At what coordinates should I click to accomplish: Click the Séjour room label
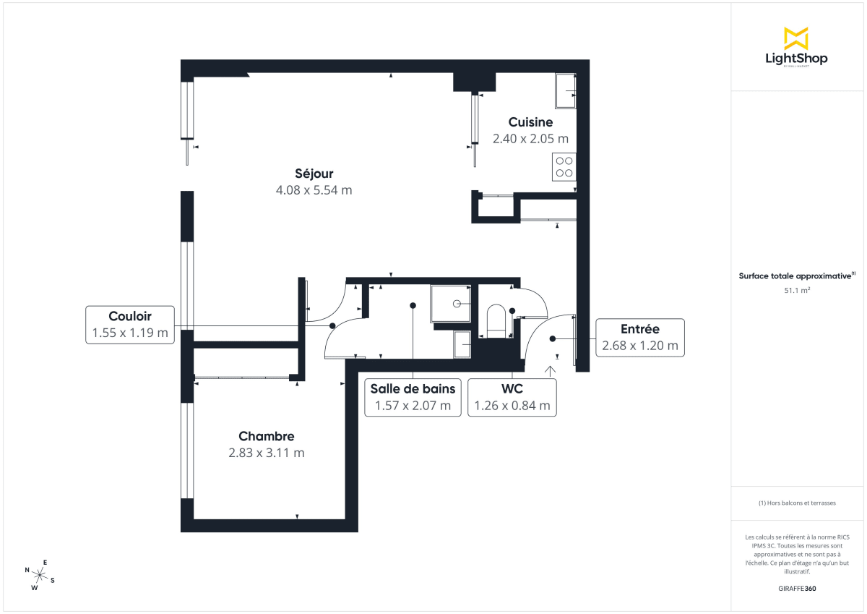314,174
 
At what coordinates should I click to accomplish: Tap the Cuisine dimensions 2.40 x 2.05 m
530,138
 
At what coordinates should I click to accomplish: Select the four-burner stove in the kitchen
564,167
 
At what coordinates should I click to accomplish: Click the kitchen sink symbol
565,91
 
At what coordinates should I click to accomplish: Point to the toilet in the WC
496,320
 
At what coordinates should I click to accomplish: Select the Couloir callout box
130,325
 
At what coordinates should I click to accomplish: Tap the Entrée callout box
639,337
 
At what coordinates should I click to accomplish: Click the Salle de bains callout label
413,389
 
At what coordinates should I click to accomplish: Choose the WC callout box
512,397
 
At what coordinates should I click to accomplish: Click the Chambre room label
267,436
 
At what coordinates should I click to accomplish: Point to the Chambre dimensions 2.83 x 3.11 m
267,453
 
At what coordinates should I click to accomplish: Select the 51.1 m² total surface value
797,291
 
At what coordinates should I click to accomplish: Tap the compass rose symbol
40,575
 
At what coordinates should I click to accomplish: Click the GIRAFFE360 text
797,589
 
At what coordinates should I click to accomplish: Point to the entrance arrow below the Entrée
550,372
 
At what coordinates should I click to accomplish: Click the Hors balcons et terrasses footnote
797,503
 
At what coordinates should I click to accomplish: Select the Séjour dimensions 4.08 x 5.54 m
314,191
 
